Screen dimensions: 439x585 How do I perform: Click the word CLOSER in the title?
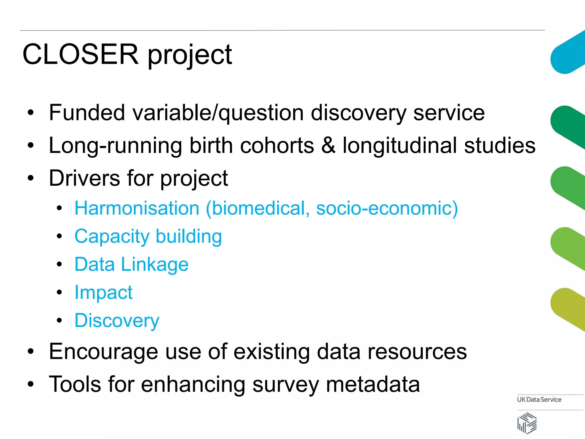[x=80, y=54]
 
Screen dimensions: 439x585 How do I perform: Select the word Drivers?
[x=84, y=178]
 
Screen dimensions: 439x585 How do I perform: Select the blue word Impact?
[x=103, y=292]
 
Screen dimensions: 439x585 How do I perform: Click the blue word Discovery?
[x=117, y=321]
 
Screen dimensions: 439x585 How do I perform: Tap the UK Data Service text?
[x=539, y=400]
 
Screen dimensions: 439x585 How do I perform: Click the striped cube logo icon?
[x=527, y=423]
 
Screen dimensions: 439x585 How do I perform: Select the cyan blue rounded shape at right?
[x=567, y=54]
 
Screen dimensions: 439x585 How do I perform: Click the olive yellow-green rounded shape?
[x=567, y=309]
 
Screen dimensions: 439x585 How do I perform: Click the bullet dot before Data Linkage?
[x=59, y=264]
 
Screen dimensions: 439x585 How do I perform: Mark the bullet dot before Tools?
[x=31, y=384]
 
